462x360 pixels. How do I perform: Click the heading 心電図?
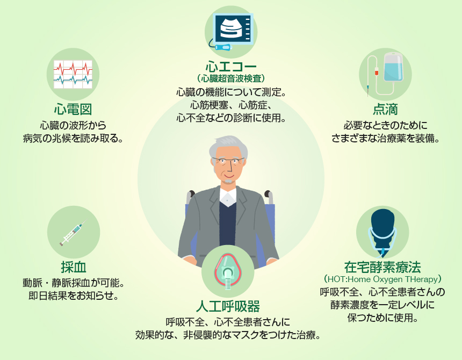[x=73, y=109]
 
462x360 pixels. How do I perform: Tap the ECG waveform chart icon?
[x=73, y=74]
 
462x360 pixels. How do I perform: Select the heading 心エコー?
[x=231, y=67]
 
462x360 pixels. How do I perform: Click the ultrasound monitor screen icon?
[x=234, y=29]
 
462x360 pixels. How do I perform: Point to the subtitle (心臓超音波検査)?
[x=231, y=78]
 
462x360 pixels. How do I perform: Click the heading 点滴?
[x=385, y=109]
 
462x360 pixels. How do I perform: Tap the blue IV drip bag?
[x=393, y=67]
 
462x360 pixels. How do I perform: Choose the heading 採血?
[x=74, y=267]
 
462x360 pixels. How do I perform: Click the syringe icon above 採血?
[x=73, y=233]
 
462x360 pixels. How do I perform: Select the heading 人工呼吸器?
[x=228, y=306]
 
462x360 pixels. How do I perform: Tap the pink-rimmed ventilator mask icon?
[x=228, y=271]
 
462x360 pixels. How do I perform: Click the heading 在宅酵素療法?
[x=382, y=267]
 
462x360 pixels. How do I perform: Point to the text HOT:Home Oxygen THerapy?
[x=382, y=279]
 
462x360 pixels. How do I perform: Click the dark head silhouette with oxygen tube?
[x=382, y=227]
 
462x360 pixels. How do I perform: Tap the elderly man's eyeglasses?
[x=228, y=161]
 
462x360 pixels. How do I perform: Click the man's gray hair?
[x=228, y=145]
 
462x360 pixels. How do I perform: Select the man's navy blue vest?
[x=227, y=224]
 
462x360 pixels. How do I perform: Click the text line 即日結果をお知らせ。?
[x=74, y=296]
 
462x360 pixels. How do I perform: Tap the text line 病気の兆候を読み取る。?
[x=73, y=138]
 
